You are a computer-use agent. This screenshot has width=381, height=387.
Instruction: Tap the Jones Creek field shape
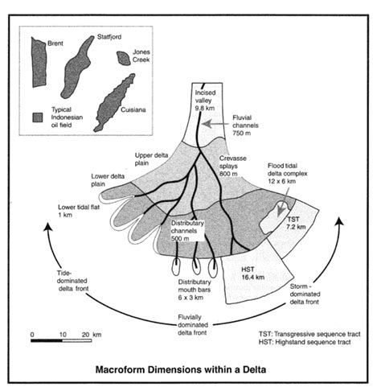coord(122,57)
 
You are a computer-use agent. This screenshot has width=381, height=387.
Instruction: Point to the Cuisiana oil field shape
coord(118,97)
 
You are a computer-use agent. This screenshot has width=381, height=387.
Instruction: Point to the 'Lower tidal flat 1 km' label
coord(76,212)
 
